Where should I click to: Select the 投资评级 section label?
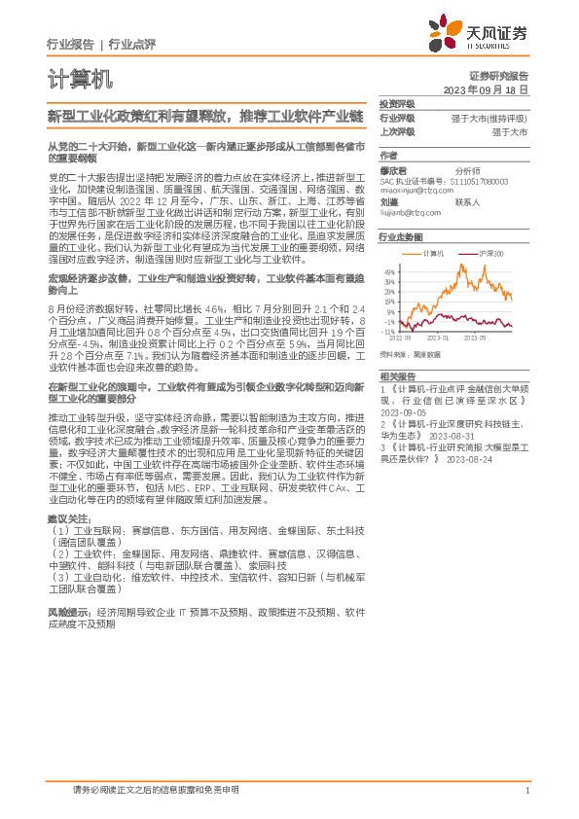[396, 103]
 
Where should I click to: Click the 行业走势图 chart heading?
[401, 237]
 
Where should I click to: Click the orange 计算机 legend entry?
[432, 254]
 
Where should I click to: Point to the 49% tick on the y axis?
[389, 271]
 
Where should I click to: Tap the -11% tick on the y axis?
[388, 332]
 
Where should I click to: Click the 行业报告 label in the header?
[70, 44]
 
